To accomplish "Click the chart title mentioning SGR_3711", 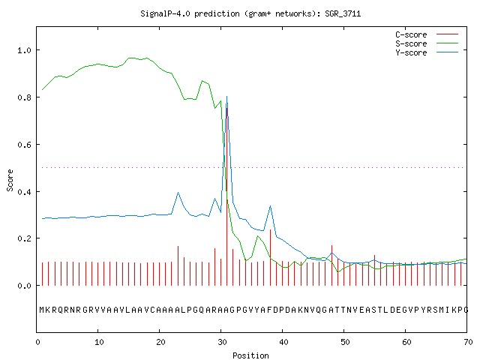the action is point(250,13).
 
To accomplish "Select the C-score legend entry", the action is point(427,34).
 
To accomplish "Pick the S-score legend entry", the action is point(427,43).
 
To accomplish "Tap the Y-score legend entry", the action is point(427,52).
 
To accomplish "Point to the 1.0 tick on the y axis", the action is point(24,50).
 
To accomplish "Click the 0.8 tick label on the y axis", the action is point(24,97).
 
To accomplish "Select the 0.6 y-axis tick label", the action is point(24,145).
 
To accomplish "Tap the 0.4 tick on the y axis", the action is point(24,192).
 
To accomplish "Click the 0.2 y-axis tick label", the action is point(24,238).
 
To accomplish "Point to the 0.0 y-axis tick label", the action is point(24,286).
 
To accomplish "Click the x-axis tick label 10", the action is point(99,342).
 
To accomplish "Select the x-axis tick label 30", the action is point(222,342).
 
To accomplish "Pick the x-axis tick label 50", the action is point(345,342).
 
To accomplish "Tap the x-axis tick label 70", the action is point(468,342).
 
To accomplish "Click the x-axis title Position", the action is point(250,355).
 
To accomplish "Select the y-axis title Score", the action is point(10,180).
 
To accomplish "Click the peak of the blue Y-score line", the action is point(226,97).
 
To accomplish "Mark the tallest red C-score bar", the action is point(226,196).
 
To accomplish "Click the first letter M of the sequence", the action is point(42,310).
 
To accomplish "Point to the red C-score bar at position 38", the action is point(270,257).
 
